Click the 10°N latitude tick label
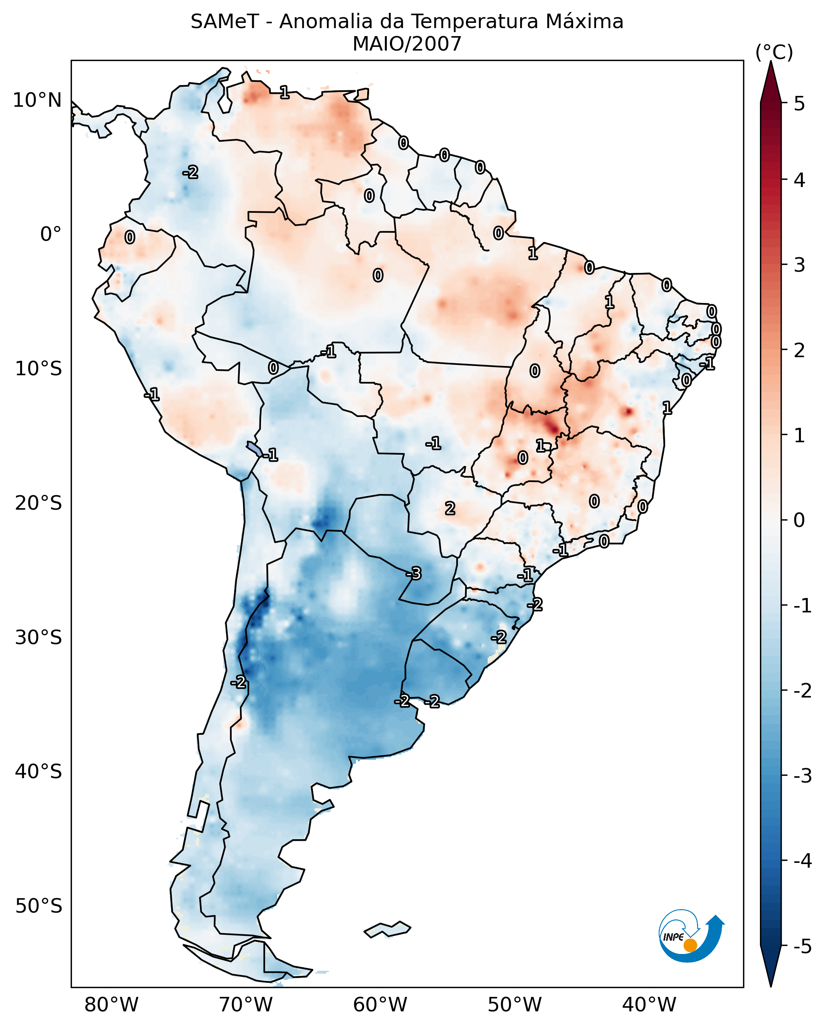(x=37, y=100)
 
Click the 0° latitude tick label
(x=51, y=234)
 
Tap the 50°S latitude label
(x=38, y=906)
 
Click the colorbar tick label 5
(x=799, y=104)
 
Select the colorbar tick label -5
(x=802, y=946)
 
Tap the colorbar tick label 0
(x=799, y=520)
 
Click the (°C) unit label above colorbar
(x=774, y=53)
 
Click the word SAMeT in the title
(x=225, y=22)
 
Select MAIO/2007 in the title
(x=407, y=44)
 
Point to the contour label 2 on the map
(x=449, y=509)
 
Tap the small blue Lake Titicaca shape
(x=254, y=449)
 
